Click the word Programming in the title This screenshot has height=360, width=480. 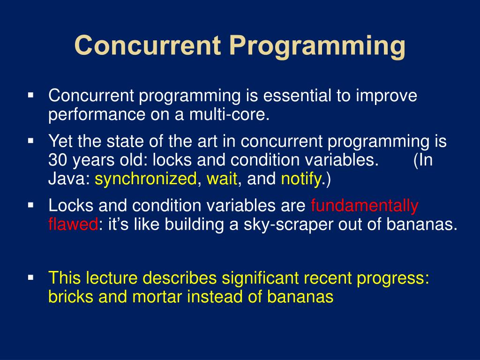click(x=317, y=46)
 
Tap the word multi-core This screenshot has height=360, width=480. click(x=229, y=114)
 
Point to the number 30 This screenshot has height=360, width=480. click(x=58, y=160)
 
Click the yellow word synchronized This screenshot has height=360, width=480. click(x=145, y=179)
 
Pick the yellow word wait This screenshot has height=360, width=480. click(x=222, y=179)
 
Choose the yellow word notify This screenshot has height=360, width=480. click(x=301, y=179)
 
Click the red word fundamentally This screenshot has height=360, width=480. click(x=365, y=205)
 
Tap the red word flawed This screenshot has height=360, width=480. click(x=73, y=224)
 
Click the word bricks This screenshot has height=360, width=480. click(x=71, y=297)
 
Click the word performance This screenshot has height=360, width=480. click(x=97, y=114)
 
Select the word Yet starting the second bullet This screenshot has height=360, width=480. click(x=60, y=141)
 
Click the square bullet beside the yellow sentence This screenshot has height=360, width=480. click(x=30, y=277)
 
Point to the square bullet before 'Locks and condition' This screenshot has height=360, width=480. click(x=30, y=205)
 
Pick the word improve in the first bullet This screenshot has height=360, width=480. click(x=386, y=95)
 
